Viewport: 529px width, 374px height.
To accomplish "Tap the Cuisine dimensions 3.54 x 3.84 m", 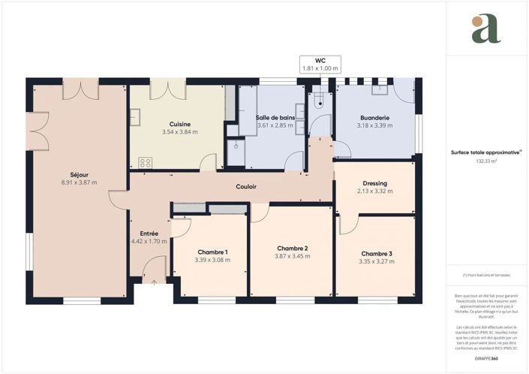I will pyautogui.click(x=179, y=133).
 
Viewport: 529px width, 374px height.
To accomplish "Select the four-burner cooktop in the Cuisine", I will pyautogui.click(x=144, y=161).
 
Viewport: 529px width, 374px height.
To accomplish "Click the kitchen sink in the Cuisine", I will pyautogui.click(x=135, y=116).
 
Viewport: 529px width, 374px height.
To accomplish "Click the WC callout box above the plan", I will pyautogui.click(x=320, y=64).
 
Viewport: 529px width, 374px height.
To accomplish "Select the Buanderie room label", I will pyautogui.click(x=374, y=118).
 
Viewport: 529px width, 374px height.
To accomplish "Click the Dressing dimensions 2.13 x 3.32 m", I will pyautogui.click(x=374, y=191).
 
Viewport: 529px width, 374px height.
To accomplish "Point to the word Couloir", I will pyautogui.click(x=248, y=186).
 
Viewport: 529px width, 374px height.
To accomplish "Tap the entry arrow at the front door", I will pyautogui.click(x=155, y=282).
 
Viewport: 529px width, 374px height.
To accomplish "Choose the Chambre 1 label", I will pyautogui.click(x=212, y=252).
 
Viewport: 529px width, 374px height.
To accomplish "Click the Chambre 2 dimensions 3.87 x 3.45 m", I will pyautogui.click(x=292, y=257).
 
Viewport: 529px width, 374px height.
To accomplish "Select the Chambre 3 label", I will pyautogui.click(x=376, y=253).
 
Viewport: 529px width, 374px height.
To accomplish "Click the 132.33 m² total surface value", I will pyautogui.click(x=487, y=161).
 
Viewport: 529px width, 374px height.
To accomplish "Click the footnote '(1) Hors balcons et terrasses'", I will pyautogui.click(x=487, y=277).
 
